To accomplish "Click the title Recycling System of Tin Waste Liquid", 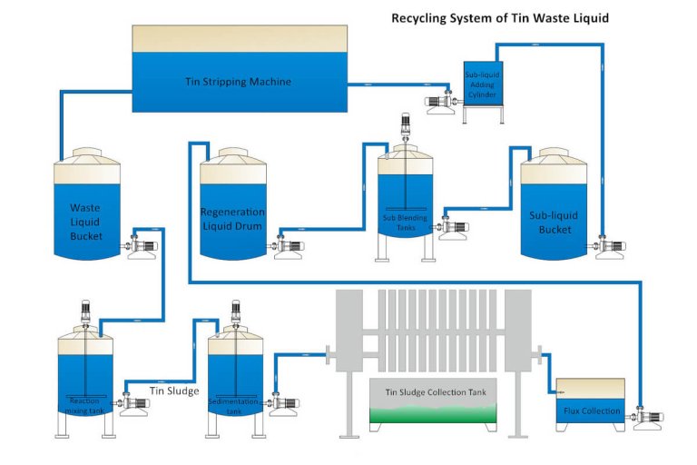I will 499,17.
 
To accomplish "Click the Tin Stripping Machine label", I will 240,82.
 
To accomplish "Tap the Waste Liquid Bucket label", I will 85,221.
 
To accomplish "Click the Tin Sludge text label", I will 174,391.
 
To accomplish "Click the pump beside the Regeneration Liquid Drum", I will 290,245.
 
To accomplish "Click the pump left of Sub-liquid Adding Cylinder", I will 441,100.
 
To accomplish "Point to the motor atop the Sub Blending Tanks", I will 406,128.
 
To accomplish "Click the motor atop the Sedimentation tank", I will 235,312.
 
